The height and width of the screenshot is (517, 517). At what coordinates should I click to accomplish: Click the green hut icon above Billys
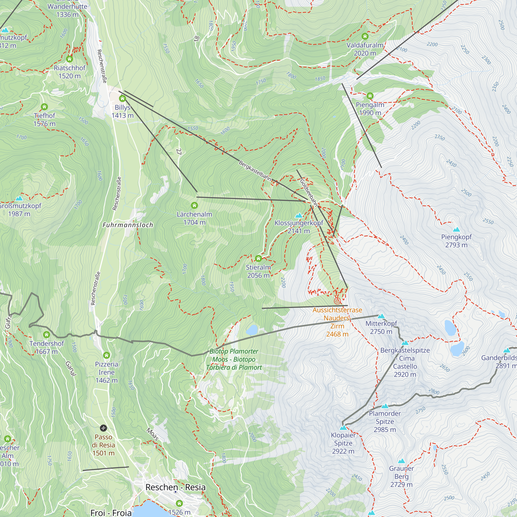click(123, 99)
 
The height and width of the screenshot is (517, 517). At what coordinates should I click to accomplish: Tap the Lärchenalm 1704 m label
click(194, 218)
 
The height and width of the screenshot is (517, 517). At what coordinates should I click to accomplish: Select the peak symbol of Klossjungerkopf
click(299, 215)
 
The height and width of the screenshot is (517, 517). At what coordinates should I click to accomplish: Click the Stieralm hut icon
click(258, 258)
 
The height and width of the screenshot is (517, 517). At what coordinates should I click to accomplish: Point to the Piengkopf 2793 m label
click(456, 241)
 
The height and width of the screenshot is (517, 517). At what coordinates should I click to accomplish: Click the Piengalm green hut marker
click(370, 96)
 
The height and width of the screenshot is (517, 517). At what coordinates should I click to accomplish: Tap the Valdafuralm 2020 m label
click(365, 49)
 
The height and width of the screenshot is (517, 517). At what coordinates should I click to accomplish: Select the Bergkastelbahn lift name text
click(255, 171)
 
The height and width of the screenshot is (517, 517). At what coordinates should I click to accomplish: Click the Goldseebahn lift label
click(309, 193)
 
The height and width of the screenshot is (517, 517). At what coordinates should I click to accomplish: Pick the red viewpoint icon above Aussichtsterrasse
click(337, 301)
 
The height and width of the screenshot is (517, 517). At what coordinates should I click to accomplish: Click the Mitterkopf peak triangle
click(381, 316)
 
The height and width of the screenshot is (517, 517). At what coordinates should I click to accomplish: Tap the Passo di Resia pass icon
click(103, 428)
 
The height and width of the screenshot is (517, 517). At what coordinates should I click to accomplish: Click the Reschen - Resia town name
click(175, 487)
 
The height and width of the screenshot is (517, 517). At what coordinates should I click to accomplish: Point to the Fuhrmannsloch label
click(128, 225)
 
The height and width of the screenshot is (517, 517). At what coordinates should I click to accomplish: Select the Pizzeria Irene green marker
click(107, 355)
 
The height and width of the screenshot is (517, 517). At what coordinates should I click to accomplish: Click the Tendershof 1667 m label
click(47, 347)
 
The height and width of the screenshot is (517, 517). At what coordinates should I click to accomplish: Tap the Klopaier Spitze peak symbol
click(343, 428)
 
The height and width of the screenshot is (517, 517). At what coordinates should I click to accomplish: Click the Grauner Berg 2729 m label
click(401, 476)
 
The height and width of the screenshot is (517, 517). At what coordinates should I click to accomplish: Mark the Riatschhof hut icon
click(70, 59)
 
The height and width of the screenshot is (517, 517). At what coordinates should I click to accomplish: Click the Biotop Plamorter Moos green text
click(234, 359)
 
